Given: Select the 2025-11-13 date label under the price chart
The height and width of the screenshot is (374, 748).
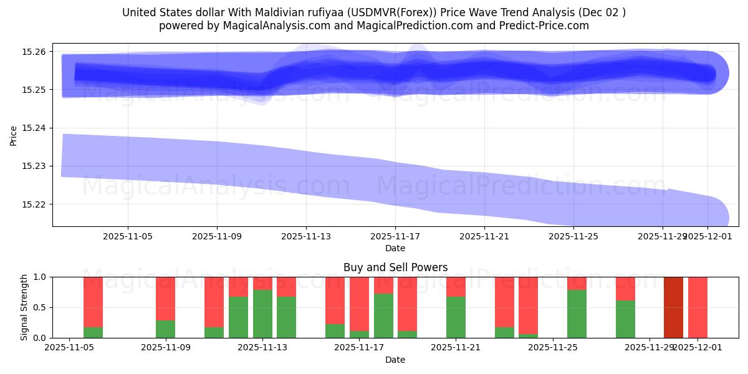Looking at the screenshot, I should (x=306, y=237).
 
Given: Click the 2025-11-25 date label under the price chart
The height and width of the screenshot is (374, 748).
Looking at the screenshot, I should (x=573, y=237).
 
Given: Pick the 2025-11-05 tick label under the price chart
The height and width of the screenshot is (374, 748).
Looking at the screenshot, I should (x=128, y=237).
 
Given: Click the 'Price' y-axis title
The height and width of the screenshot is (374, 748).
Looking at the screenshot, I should (x=14, y=135).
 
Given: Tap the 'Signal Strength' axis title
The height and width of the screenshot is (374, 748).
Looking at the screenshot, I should (x=24, y=307).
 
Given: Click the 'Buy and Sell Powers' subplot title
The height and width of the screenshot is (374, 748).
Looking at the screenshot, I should (x=395, y=267).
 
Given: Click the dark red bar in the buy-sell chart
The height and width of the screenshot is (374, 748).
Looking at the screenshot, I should (x=673, y=307).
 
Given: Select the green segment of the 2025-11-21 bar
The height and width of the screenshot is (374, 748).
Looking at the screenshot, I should (x=456, y=317).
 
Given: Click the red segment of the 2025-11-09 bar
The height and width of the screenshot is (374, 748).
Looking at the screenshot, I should (x=165, y=298).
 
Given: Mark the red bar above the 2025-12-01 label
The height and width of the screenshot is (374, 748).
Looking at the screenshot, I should (x=698, y=307).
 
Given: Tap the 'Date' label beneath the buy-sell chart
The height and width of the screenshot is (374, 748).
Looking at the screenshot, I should (x=395, y=360).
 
